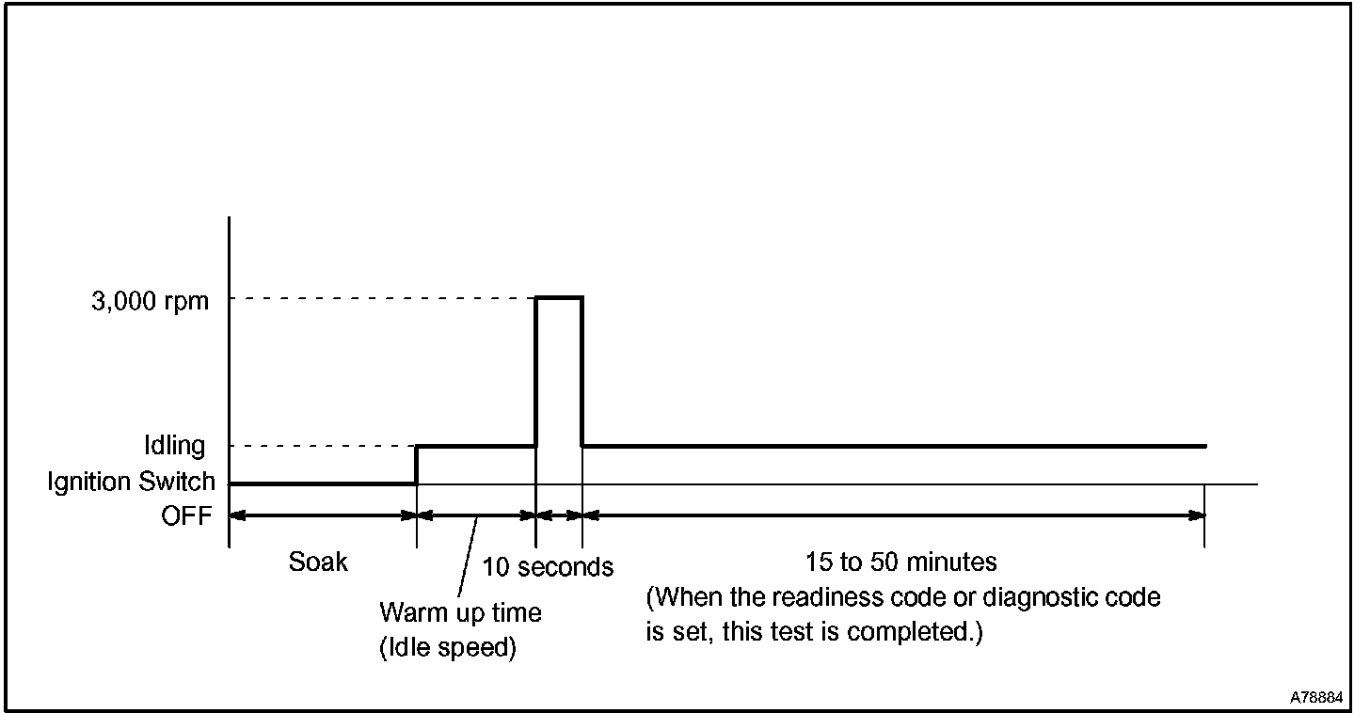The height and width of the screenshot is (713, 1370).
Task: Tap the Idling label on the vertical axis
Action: [x=175, y=445]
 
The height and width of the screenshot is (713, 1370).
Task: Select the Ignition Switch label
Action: [x=132, y=482]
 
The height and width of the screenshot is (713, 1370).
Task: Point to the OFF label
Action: [x=186, y=515]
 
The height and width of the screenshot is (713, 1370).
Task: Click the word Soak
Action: [x=318, y=562]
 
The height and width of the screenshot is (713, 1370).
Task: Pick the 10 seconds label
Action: [x=548, y=566]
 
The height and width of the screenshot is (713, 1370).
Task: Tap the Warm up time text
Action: [x=460, y=613]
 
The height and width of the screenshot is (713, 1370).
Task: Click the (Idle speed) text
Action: [x=448, y=649]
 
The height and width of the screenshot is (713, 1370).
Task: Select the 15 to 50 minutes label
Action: [x=900, y=562]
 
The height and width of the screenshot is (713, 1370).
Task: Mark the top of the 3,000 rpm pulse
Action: [x=559, y=297]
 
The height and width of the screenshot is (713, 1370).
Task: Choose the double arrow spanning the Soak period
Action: [x=323, y=515]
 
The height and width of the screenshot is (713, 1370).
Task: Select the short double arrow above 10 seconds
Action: [x=559, y=515]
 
